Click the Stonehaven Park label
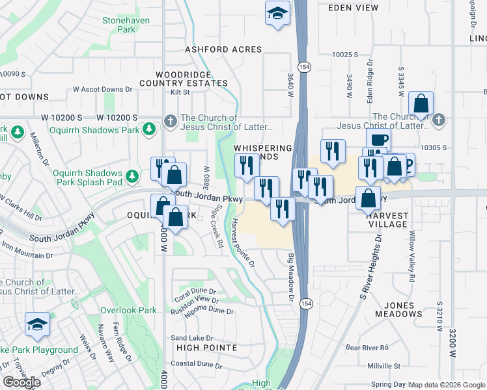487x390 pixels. (x=126, y=25)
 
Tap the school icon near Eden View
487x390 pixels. (x=277, y=12)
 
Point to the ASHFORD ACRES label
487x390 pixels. (x=223, y=49)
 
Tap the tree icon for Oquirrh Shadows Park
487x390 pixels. (x=150, y=129)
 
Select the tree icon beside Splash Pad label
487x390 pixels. (x=133, y=176)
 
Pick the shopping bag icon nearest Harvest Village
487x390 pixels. (x=369, y=197)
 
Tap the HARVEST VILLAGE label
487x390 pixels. (x=387, y=220)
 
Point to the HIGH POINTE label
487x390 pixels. (x=206, y=348)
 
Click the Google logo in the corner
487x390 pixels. (x=21, y=382)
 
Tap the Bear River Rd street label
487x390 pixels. (x=367, y=347)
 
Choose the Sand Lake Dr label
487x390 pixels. (x=192, y=338)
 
